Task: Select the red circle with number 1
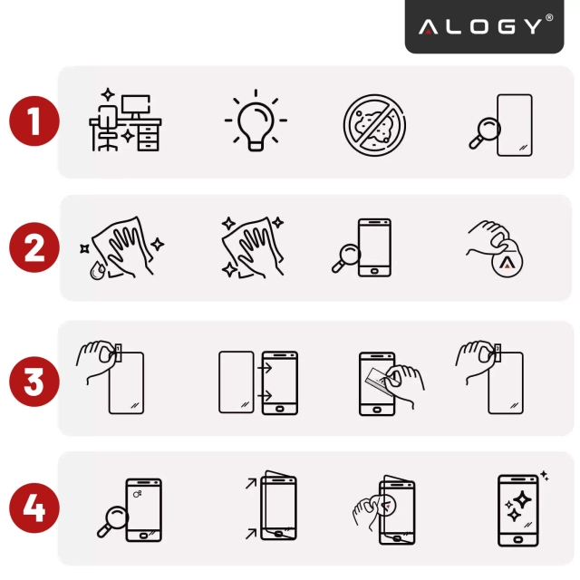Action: pos(34,121)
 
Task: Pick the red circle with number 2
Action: pos(34,247)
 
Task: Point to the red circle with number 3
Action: pos(34,381)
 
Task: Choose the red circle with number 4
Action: pos(34,508)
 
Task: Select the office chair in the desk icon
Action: pos(107,129)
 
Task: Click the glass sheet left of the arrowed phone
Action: pos(237,382)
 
